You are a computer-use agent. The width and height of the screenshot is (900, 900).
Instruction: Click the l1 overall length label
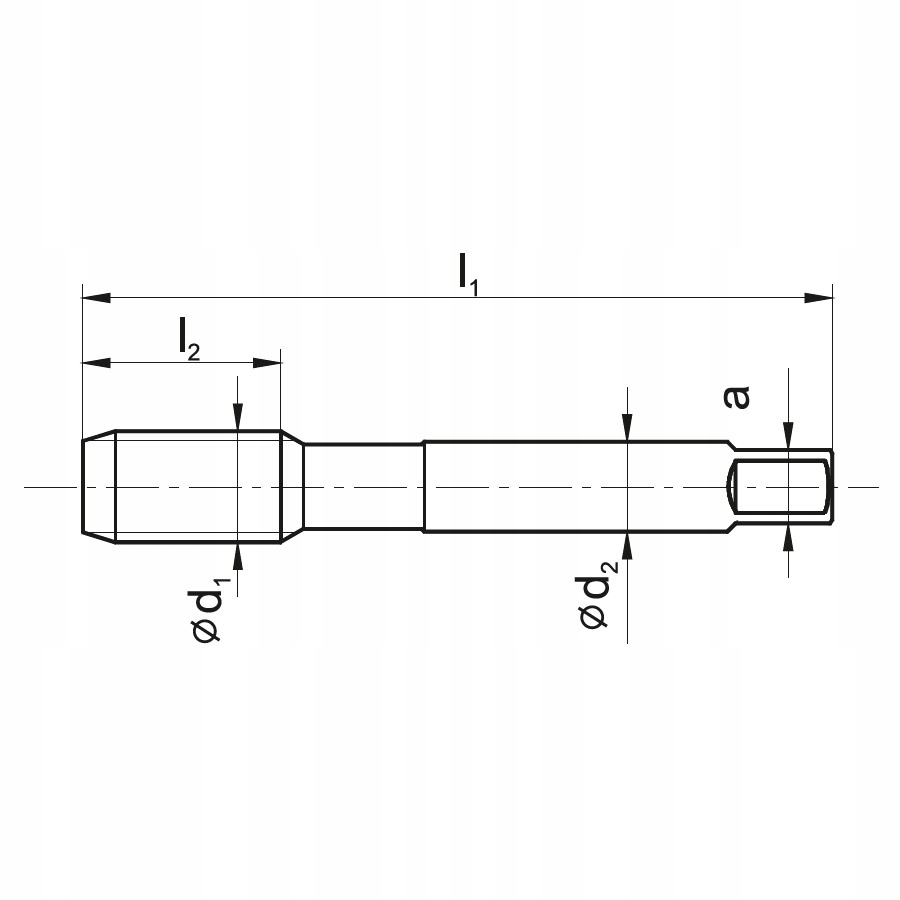click(x=467, y=273)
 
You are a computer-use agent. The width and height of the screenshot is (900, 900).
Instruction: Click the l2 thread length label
click(x=189, y=339)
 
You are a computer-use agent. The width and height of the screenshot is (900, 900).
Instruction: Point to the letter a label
click(x=736, y=397)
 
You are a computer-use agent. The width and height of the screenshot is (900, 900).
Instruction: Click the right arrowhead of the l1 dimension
click(x=819, y=297)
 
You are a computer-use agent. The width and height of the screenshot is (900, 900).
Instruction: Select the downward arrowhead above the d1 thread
click(x=236, y=419)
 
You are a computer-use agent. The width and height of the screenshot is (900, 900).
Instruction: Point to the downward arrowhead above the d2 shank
click(x=626, y=427)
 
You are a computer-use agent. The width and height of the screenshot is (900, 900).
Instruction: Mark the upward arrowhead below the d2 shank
click(x=626, y=546)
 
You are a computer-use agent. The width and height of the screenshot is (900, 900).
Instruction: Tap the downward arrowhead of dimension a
click(x=789, y=436)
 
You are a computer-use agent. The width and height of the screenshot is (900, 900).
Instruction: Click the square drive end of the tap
click(x=780, y=487)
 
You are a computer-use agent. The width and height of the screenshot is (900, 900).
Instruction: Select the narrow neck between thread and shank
click(x=363, y=487)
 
